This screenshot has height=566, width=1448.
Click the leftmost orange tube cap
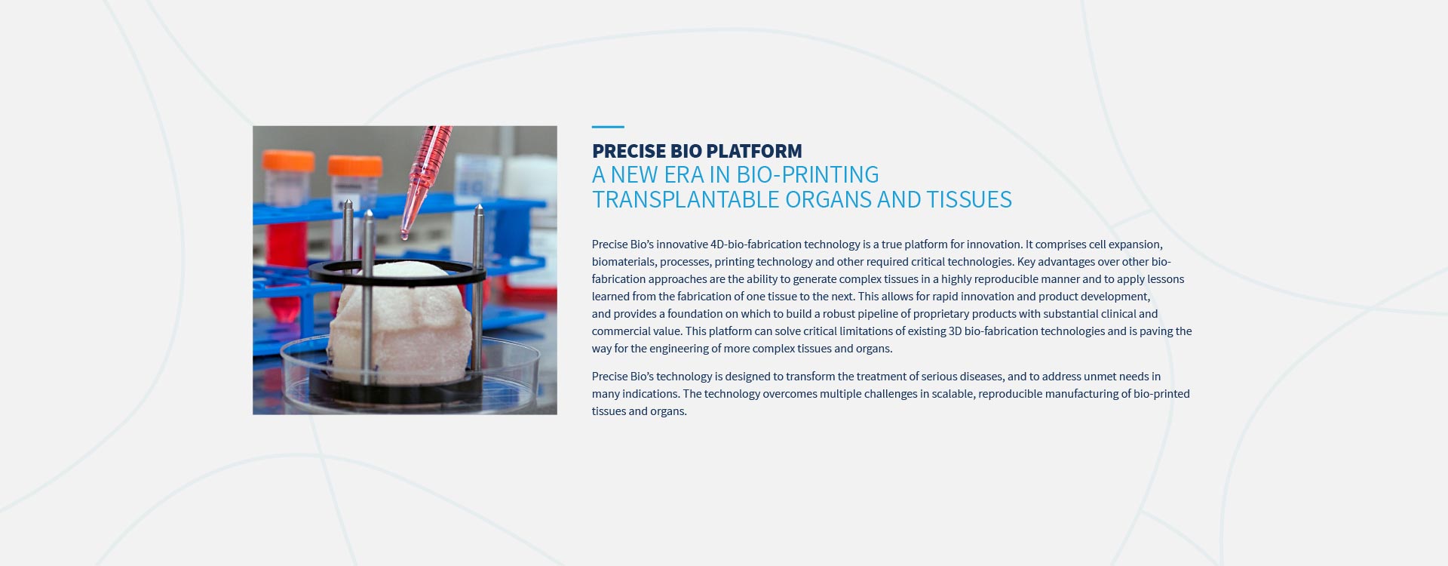pos(287,161)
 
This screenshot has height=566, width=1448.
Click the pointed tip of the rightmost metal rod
pos(477,206)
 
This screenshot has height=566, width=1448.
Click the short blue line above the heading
pos(608,127)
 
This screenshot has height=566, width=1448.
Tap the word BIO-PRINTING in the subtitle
pos(808,175)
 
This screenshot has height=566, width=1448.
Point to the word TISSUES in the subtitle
pos(969,200)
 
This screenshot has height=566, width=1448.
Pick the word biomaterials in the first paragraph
pos(623,262)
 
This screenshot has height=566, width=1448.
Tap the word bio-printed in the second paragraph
pos(1161,394)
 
